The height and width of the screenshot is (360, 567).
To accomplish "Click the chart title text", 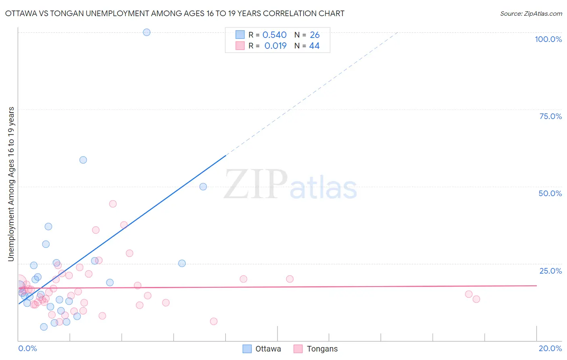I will click(175, 13).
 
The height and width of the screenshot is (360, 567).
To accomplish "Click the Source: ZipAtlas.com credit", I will click(531, 13).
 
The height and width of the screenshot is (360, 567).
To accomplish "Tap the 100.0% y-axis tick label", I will click(548, 39).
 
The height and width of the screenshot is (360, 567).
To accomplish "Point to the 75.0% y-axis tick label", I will click(550, 116).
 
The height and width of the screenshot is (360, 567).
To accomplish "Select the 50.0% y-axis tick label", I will click(550, 193).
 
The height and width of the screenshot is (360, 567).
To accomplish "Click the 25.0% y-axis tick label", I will click(550, 271).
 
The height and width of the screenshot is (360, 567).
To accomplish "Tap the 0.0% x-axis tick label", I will click(27, 348).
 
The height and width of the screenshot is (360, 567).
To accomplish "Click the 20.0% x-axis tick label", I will click(550, 348).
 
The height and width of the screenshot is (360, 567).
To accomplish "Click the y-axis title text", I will click(11, 184).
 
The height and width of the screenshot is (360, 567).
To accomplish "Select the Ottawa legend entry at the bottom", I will click(262, 349).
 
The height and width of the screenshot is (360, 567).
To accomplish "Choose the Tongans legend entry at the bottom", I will click(316, 349).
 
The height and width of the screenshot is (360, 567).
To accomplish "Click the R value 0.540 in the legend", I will click(274, 35).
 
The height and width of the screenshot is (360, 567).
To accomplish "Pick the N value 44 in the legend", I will click(314, 46).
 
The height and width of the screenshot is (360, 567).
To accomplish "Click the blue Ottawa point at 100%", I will click(147, 32).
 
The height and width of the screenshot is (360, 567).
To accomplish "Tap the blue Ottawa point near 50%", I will click(203, 186).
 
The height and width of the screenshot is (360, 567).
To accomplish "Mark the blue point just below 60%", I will click(83, 160).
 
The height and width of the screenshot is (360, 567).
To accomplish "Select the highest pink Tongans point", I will click(113, 204).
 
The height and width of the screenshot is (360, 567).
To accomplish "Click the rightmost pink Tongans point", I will click(476, 299).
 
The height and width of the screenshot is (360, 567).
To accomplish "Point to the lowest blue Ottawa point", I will click(44, 327).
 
